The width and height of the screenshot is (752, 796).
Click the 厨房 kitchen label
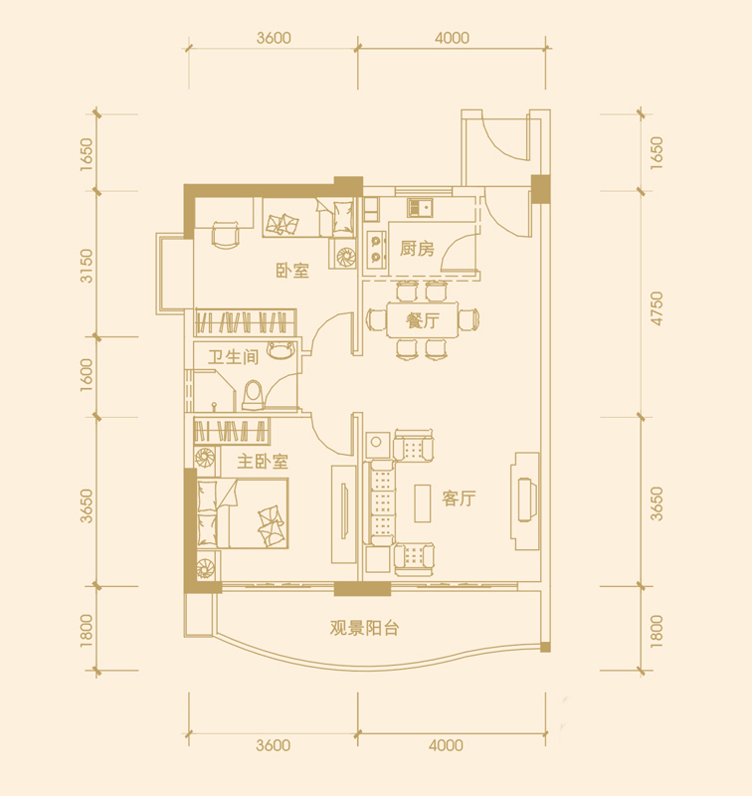tap(417, 248)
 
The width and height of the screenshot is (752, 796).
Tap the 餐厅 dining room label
tap(422, 320)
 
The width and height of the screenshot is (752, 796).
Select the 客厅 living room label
tap(459, 498)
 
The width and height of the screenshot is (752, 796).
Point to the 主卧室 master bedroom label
tap(263, 461)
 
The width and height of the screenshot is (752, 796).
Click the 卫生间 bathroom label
tap(233, 357)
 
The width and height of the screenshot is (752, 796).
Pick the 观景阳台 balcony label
tap(364, 628)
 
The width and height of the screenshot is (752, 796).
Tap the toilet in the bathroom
tap(254, 395)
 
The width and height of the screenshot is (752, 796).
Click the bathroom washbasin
tap(282, 350)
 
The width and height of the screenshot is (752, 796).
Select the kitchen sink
tap(420, 208)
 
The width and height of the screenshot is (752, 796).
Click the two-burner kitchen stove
tap(376, 250)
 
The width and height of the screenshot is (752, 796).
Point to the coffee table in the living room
tap(422, 503)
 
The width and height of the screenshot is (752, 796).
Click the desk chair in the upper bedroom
tap(225, 235)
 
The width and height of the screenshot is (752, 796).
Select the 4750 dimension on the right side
tap(657, 308)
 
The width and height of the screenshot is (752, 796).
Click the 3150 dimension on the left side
tap(87, 266)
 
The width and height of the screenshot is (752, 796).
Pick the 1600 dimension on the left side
tap(87, 375)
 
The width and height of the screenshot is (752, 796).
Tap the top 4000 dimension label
tap(452, 38)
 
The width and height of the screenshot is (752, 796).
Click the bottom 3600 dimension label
tap(273, 745)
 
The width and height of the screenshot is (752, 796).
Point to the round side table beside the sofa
tap(376, 442)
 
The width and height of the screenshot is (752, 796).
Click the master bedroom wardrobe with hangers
tap(232, 431)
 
